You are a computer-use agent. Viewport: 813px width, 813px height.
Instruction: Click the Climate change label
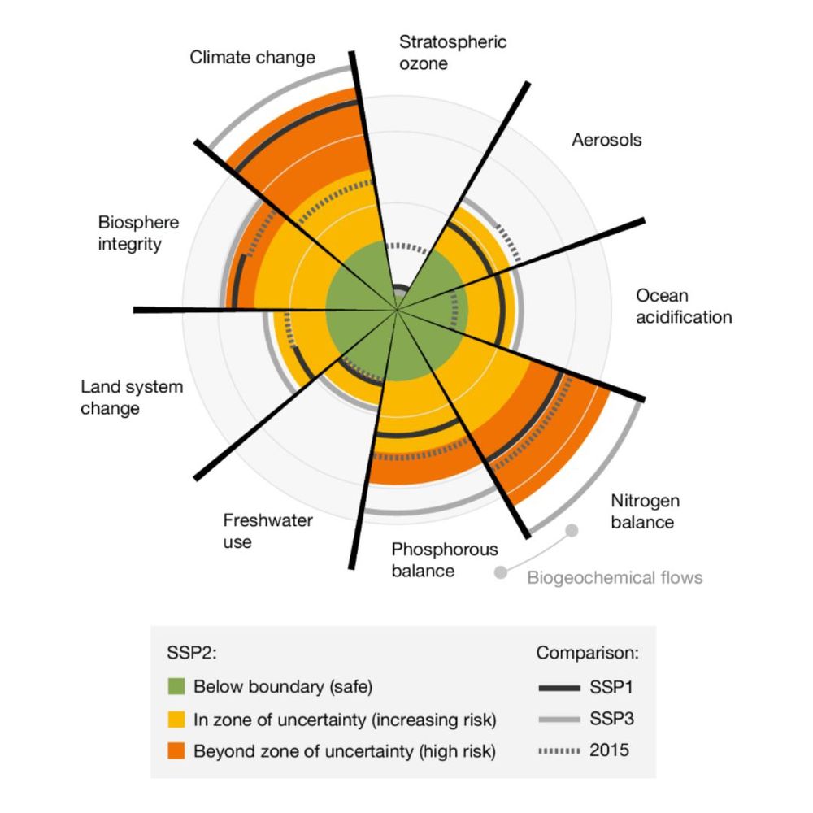253,58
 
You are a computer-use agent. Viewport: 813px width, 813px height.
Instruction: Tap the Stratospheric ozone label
453,53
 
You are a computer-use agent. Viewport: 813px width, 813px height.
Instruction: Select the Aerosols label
606,140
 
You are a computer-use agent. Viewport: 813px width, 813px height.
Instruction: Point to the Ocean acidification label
684,307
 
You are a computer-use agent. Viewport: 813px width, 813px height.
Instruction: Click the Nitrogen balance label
645,511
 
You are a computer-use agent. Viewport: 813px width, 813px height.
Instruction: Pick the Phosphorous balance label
445,560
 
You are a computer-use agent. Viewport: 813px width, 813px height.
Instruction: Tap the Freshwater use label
267,531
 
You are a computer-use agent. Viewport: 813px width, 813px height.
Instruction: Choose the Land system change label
132,398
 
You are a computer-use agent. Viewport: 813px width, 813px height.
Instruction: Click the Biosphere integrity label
138,233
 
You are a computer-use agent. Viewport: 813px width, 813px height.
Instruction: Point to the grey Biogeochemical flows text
615,577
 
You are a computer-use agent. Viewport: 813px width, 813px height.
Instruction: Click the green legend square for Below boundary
176,686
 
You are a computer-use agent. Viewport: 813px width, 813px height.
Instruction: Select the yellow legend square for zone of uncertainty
176,719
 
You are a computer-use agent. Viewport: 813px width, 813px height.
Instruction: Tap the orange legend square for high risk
176,750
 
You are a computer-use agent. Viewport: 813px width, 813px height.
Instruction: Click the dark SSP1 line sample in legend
559,688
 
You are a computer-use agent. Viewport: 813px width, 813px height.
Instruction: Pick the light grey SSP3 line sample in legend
559,720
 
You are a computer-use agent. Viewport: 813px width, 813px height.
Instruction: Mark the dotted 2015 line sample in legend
559,750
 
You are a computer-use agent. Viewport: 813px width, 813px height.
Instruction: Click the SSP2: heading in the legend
191,653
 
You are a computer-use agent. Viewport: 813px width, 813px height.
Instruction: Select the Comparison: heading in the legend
588,653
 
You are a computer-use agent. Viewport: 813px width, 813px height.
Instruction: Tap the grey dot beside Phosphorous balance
500,572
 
